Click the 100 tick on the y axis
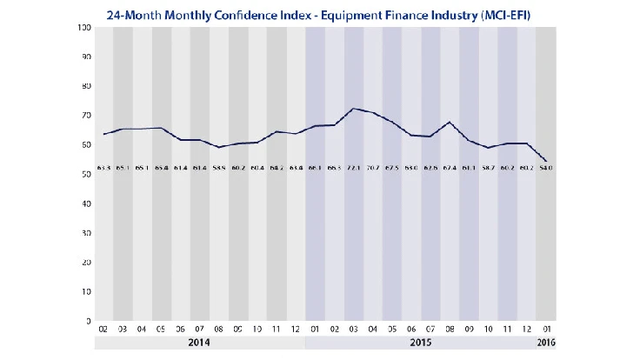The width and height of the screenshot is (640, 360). coord(85,28)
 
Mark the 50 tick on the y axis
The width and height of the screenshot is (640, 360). coord(87,175)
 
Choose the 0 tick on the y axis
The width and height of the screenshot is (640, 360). coord(90,322)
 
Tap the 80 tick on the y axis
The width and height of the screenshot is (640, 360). coord(87,87)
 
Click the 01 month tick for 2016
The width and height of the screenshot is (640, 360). coord(545,331)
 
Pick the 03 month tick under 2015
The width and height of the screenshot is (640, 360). coord(354,331)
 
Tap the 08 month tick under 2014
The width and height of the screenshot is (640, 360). coord(219,331)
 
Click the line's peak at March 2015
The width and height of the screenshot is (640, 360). coord(354,109)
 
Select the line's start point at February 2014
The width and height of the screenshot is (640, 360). coord(104,134)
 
